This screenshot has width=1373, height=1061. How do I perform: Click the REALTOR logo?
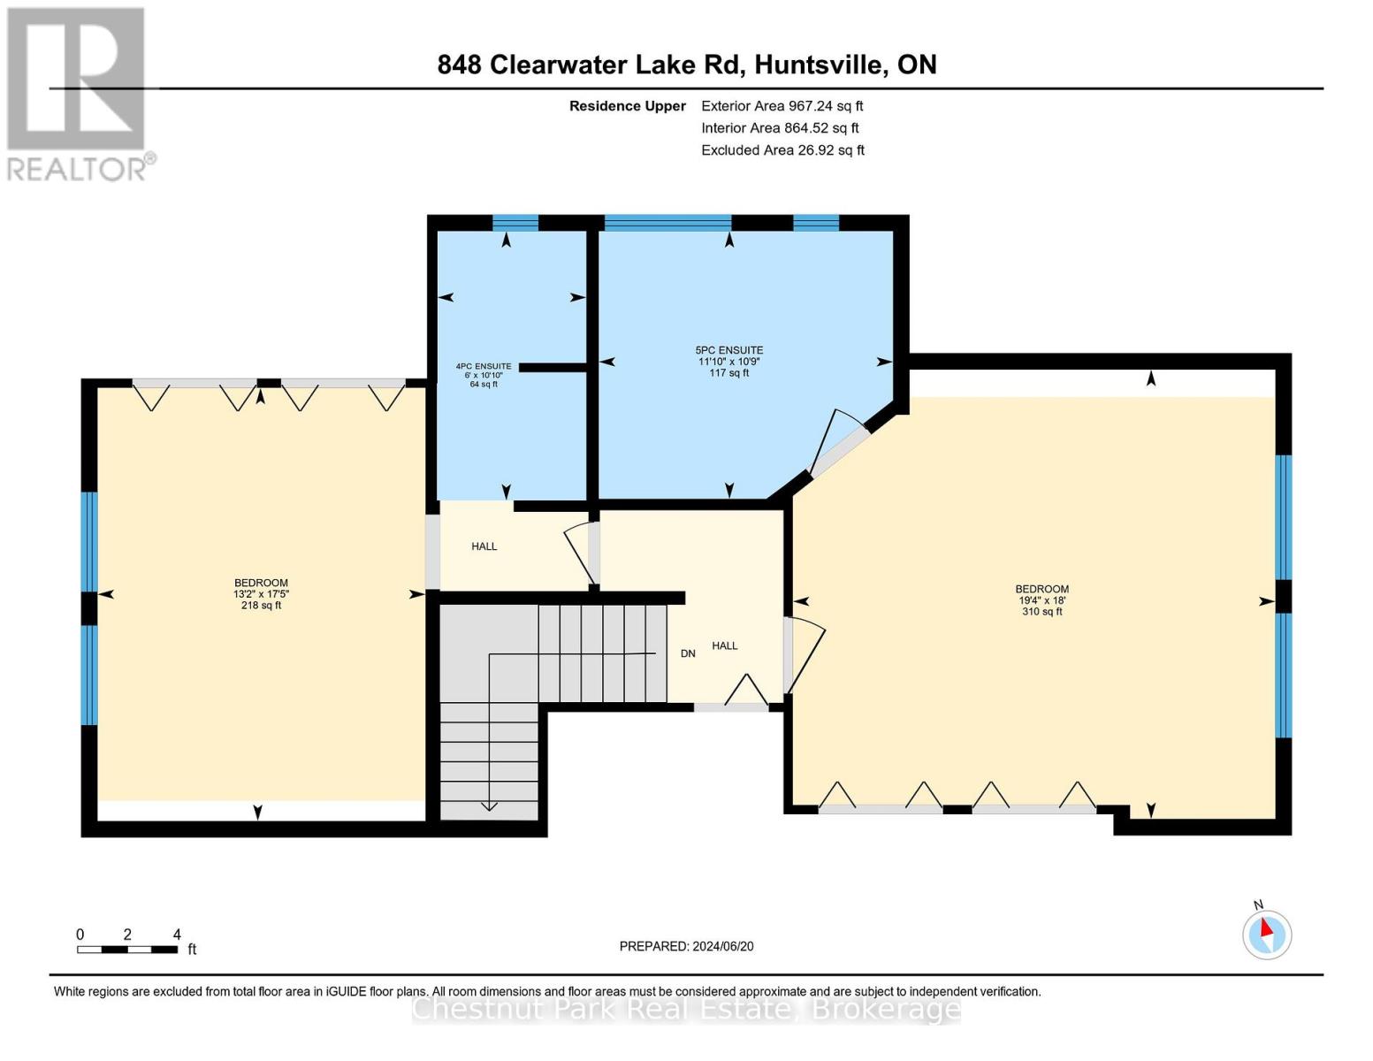pos(78,94)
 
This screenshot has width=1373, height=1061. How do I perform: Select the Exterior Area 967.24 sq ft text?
pos(782,106)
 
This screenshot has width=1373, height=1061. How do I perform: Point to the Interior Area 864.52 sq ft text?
pos(780,128)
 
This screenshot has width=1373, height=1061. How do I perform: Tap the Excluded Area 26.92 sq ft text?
pos(782,150)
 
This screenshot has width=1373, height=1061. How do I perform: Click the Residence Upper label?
pos(627,106)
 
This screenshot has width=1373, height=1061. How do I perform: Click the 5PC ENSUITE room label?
pos(728,362)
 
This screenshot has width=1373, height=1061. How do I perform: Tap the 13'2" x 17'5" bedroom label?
pos(261,594)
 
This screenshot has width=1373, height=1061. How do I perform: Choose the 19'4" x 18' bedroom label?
pos(1041,600)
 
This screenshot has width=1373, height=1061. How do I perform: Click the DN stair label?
pos(688,653)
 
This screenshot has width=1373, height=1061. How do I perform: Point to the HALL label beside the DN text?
pos(725,646)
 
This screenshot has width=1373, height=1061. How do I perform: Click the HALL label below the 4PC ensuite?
pos(484,546)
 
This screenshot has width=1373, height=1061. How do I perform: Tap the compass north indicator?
pos(1267,933)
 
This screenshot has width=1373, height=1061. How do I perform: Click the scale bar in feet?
pos(127,950)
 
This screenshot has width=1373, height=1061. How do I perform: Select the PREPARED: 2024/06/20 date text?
pos(686,946)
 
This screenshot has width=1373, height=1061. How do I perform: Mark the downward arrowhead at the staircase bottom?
pos(488,805)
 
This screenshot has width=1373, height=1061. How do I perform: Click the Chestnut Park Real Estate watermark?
pos(686,1009)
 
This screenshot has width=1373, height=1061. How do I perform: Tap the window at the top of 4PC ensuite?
pos(515,222)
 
